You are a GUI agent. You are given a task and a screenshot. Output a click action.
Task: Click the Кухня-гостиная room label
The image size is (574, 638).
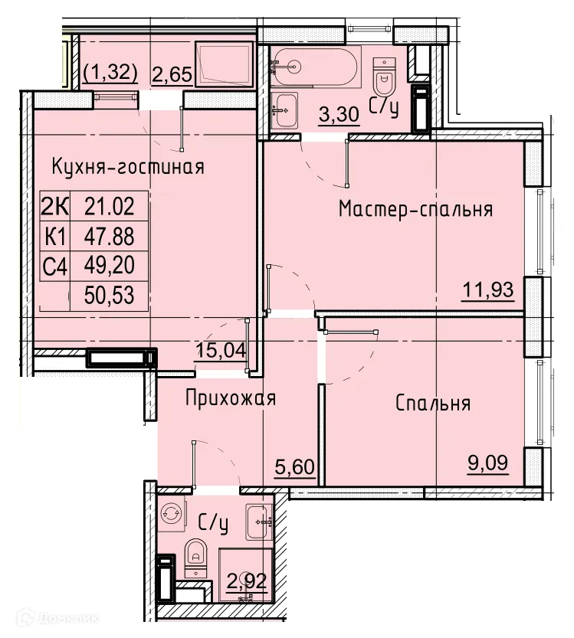(x=128, y=167)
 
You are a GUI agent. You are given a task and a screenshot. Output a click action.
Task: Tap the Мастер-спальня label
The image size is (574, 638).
(x=415, y=209)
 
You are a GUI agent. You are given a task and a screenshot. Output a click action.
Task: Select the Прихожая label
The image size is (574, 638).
(x=230, y=398)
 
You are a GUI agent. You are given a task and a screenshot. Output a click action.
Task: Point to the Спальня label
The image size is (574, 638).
(x=433, y=404)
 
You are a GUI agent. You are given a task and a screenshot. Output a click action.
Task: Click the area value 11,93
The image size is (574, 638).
(x=487, y=290)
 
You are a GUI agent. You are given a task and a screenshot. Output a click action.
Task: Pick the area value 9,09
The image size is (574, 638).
(x=487, y=462)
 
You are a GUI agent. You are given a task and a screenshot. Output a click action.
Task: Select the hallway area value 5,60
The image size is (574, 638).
(x=294, y=466)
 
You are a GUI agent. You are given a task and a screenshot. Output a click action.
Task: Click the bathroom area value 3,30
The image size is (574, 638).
(x=339, y=116)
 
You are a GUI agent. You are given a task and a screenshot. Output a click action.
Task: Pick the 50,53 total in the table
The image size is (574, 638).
(x=108, y=296)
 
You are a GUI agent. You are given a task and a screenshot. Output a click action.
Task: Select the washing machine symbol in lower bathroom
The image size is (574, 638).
(x=172, y=515)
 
